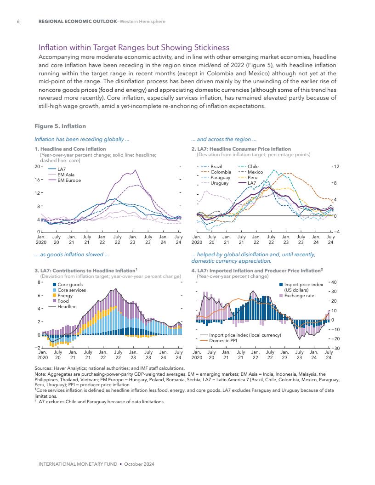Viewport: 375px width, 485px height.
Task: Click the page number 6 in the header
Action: (x=17, y=21)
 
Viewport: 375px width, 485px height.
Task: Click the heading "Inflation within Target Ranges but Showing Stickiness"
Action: (x=134, y=47)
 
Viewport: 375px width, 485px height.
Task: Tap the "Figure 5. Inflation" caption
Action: (x=60, y=126)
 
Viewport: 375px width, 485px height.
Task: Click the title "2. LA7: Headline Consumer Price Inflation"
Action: (x=241, y=149)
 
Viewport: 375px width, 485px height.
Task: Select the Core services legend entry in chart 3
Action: (x=71, y=290)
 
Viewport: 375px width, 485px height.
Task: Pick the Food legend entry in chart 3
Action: (x=63, y=301)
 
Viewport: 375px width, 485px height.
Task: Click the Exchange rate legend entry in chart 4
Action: (x=299, y=296)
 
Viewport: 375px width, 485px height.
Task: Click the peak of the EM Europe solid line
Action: (x=135, y=170)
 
